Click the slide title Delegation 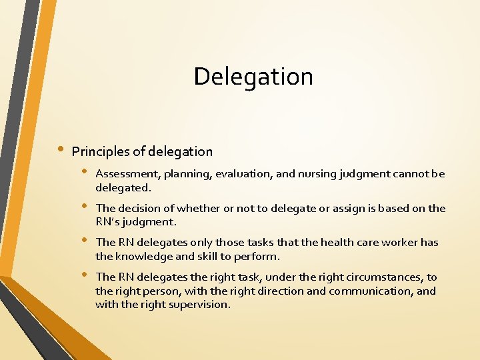point(253,77)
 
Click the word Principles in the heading point(98,152)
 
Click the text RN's point(108,222)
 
